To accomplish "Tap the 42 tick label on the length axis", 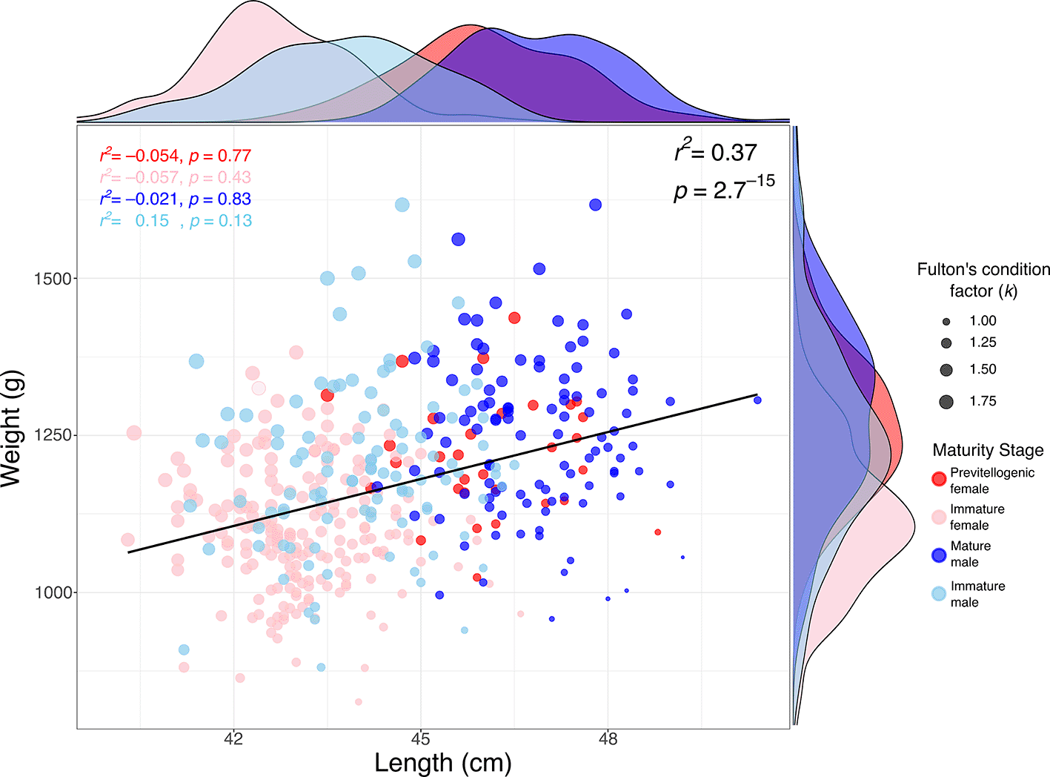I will coord(233,739).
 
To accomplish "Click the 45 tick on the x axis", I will coord(420,739).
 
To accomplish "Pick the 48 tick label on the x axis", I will coord(608,739).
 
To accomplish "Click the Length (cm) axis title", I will coord(442,763).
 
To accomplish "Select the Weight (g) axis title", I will coord(13,429).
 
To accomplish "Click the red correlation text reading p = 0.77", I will coord(220,156).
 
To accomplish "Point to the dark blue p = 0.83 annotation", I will coord(220,199).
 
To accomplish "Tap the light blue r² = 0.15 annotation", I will coord(135,221).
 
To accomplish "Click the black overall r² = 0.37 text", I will coord(716,153).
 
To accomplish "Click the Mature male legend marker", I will coord(939,555).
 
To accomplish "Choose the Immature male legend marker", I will coord(939,594).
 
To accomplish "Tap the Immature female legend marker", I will coord(939,518).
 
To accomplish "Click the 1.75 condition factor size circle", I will coord(946,402).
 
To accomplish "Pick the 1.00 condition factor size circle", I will coord(946,322).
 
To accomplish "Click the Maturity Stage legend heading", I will coord(988,450).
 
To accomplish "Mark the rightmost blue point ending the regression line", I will coord(757,400).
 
